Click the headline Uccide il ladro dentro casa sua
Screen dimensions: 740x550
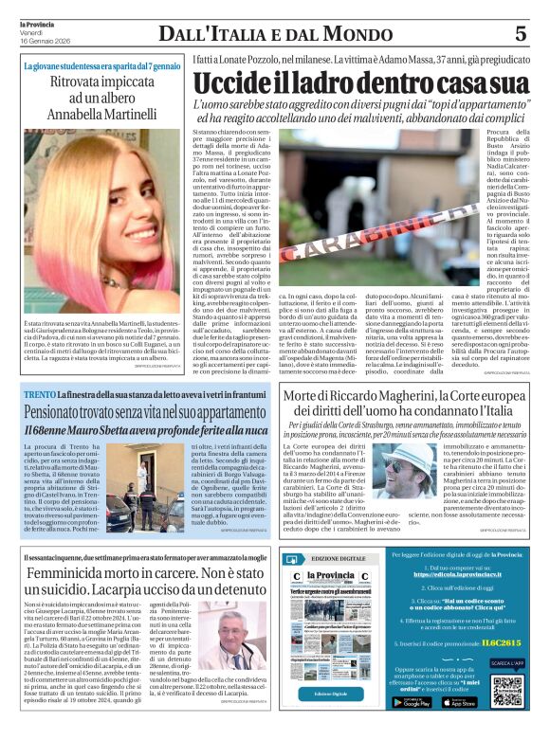(361, 82)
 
